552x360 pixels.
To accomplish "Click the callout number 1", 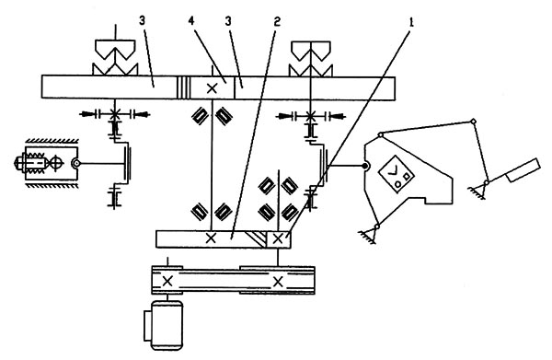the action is [411, 22].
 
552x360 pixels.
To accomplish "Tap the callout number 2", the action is [277, 22].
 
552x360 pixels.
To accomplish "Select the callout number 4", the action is [191, 21].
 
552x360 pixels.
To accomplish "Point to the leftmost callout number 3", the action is [142, 21].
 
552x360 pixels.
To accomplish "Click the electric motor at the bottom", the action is [164, 326].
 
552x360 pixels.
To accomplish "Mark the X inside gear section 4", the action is [212, 88].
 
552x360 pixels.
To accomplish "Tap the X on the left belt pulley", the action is [167, 282].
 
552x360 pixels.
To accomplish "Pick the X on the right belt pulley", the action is [278, 282].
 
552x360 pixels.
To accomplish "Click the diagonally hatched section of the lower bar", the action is [257, 239].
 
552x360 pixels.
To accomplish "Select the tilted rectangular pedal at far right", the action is [523, 170].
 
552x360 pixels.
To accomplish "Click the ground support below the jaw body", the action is [368, 236].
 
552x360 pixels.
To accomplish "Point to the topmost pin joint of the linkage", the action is [473, 122].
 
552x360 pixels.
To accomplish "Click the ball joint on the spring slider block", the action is [75, 163].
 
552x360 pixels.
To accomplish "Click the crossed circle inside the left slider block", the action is [57, 163].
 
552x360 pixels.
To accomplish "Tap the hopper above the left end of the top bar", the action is [115, 57].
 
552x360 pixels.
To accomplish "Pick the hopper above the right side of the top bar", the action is [310, 59].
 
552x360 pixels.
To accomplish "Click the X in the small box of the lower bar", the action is [278, 239].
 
